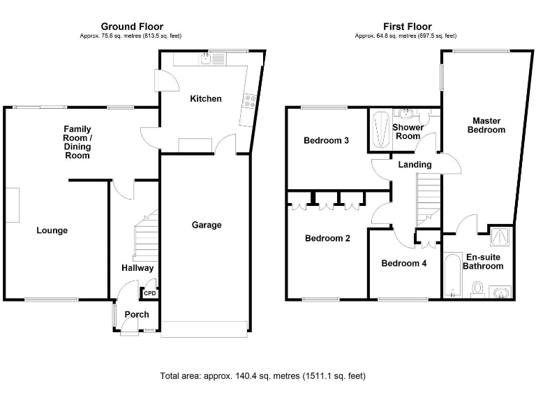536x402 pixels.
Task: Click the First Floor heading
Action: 405,27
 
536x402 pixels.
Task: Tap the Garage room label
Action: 207,225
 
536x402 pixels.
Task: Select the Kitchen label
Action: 206,98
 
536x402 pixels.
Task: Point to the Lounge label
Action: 52,230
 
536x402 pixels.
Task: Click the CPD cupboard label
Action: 150,293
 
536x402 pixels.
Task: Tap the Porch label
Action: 137,315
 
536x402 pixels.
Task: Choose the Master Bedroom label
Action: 486,125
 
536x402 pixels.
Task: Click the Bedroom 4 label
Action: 403,263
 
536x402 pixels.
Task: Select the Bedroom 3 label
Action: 326,140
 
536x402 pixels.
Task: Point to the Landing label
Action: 415,165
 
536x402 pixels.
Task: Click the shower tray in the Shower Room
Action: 381,129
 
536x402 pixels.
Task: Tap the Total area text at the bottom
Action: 262,375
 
